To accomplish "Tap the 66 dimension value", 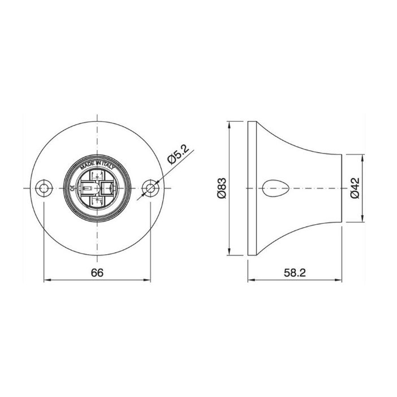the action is pyautogui.click(x=97, y=272).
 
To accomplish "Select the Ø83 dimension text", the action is pyautogui.click(x=222, y=189).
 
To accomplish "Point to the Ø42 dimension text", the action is pyautogui.click(x=355, y=189).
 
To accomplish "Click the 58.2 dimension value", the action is pyautogui.click(x=295, y=272).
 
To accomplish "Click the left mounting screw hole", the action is pyautogui.click(x=44, y=189).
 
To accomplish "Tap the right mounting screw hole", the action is pyautogui.click(x=150, y=189).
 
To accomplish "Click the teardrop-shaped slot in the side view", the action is pyautogui.click(x=275, y=189).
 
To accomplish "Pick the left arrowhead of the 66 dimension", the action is pyautogui.click(x=48, y=280).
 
